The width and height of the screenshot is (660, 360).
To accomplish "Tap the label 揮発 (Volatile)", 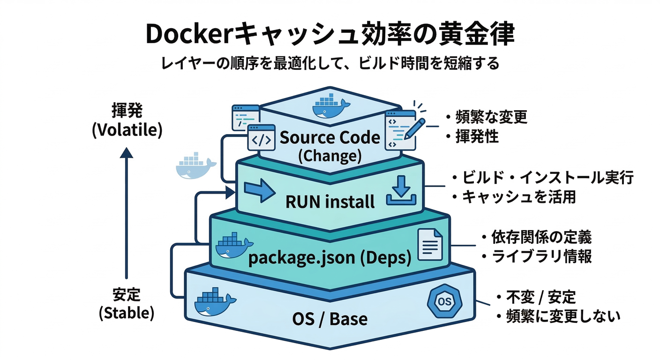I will pyautogui.click(x=127, y=121).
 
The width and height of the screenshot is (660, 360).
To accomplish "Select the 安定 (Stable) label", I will pyautogui.click(x=127, y=304).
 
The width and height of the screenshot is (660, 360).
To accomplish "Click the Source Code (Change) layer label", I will pyautogui.click(x=330, y=146).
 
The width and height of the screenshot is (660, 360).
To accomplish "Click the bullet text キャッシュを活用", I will pyautogui.click(x=518, y=197).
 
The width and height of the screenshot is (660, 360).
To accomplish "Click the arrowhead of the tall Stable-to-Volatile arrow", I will pyautogui.click(x=127, y=154).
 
